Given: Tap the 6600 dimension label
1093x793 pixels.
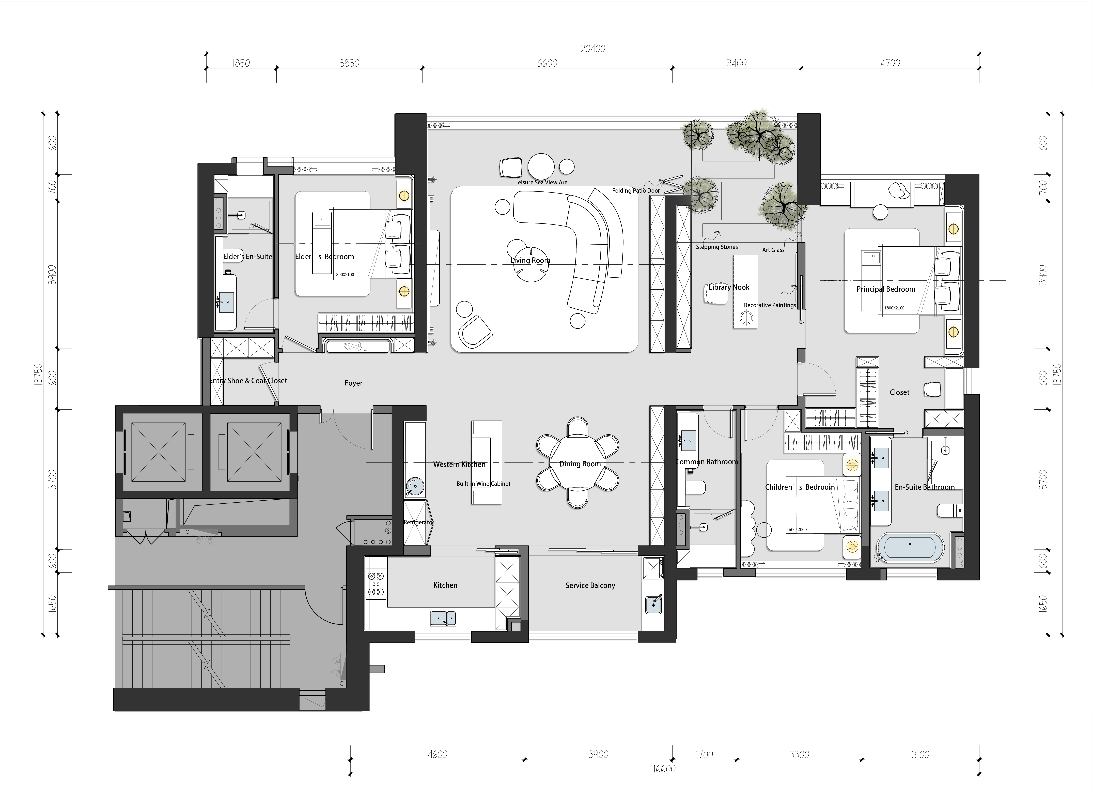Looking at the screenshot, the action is [547, 63].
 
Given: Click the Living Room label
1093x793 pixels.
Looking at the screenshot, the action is [530, 260].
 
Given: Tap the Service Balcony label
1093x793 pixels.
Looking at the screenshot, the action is [590, 585].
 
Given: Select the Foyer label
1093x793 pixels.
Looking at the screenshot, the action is [353, 383].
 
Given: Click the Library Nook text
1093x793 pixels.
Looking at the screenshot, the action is [729, 287].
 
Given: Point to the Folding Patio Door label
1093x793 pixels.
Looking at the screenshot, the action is [636, 190].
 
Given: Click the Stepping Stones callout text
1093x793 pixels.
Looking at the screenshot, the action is [717, 247].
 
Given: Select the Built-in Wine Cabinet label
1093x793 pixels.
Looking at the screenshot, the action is [483, 484].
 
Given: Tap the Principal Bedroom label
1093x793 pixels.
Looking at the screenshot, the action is [886, 289].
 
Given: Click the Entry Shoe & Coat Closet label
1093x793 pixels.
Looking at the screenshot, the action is [248, 381].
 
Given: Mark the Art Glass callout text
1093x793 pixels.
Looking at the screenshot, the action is [773, 250].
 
